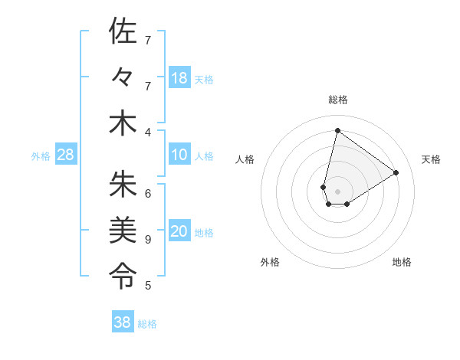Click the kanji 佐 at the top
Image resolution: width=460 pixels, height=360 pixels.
coord(123,31)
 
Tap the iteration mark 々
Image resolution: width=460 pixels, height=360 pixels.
coord(123,78)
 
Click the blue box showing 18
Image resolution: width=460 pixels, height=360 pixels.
coord(179,78)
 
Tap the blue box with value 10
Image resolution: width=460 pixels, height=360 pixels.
coord(179,155)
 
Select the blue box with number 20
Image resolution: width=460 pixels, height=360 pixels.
coord(179,232)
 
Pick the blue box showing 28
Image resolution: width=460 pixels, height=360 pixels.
coord(66,155)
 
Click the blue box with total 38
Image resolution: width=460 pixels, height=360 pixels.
coord(123,322)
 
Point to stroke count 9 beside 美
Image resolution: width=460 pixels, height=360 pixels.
coord(148,240)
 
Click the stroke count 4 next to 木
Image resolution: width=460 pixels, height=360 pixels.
coord(148,132)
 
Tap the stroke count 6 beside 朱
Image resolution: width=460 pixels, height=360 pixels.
coord(148,193)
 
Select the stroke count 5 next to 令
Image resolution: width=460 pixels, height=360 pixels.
coord(148,286)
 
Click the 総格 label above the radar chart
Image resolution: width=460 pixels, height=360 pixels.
coord(337,100)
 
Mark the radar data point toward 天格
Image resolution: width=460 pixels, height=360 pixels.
coord(396,173)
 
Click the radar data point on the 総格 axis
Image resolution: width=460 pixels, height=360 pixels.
coord(337,131)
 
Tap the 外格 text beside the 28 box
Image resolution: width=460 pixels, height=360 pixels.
coord(41,156)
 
